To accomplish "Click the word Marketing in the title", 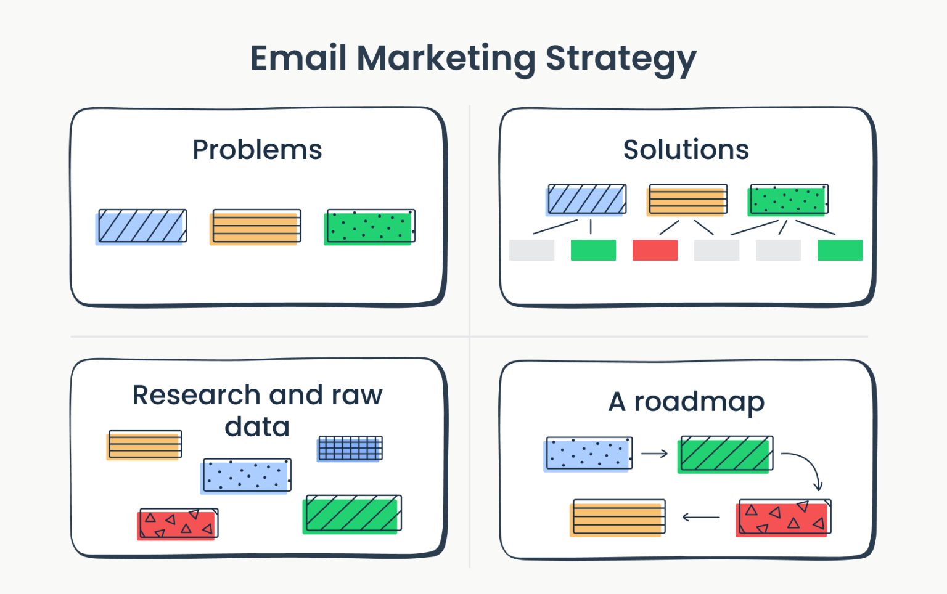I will (x=446, y=59).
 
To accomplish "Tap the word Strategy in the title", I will (x=621, y=59).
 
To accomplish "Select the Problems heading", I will (x=257, y=150).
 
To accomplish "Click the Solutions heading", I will (x=686, y=150).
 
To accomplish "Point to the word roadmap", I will (x=699, y=402).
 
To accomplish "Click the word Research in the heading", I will (x=196, y=395).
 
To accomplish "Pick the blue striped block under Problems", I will (x=141, y=226).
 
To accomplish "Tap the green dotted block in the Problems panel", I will (x=369, y=227).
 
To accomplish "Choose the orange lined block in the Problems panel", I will (x=255, y=227).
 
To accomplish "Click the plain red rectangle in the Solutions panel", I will (x=655, y=250).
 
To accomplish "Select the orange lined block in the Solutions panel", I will (x=687, y=200).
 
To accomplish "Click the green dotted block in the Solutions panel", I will (x=787, y=200).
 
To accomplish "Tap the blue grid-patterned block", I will (x=350, y=449).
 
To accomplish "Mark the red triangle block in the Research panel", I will (x=178, y=524).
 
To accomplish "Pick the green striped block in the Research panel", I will (x=352, y=514).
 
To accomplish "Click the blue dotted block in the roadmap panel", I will (x=588, y=454).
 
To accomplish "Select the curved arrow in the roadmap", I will (x=805, y=468).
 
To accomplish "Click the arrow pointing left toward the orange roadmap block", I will (x=701, y=517).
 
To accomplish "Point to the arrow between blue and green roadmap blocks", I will (x=654, y=454).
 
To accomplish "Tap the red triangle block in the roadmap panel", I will (x=783, y=518).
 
